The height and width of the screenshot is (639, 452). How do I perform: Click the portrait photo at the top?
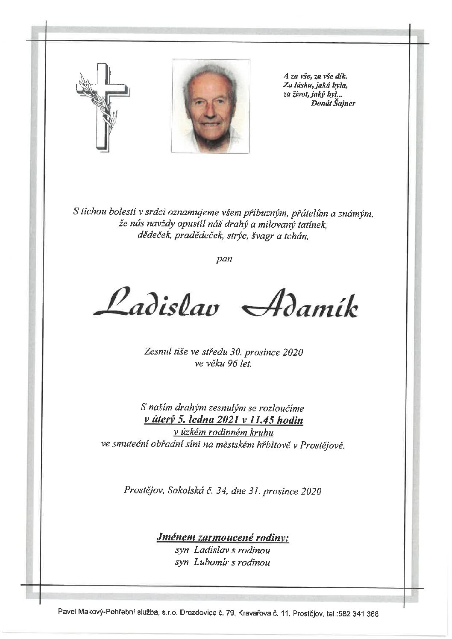pos(211,106)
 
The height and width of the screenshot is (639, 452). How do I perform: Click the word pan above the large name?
pos(224,259)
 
